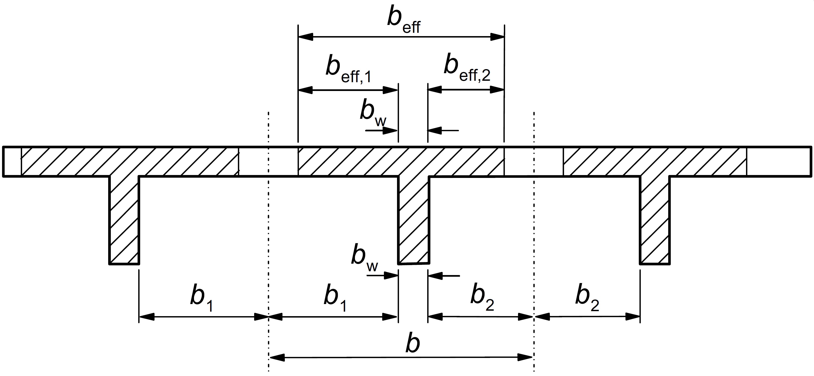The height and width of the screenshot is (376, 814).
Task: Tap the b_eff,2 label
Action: tap(467, 70)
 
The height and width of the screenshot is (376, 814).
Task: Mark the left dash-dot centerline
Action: tap(268, 240)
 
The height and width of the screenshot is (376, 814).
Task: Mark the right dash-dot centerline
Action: tap(534, 240)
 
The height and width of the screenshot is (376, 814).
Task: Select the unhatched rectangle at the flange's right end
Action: tap(779, 161)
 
